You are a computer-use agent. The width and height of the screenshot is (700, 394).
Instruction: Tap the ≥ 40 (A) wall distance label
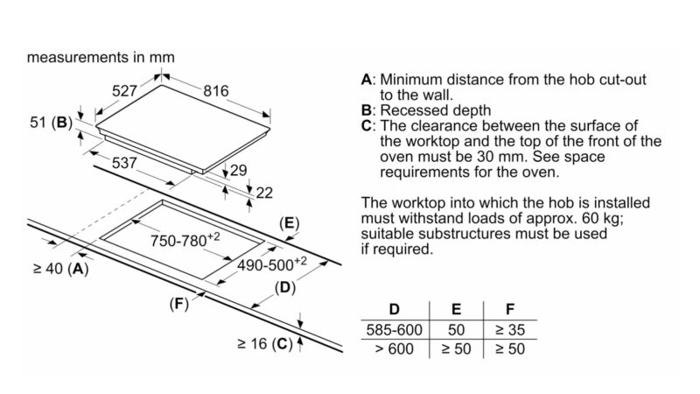point(56,269)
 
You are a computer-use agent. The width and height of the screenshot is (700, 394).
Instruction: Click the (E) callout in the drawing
point(289,223)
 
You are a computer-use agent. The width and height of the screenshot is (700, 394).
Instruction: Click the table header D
point(394,309)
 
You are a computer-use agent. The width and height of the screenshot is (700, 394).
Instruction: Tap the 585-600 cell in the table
point(394,330)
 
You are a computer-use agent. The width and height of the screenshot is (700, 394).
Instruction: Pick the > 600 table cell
point(394,348)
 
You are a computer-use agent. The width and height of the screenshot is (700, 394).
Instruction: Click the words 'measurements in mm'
point(101,57)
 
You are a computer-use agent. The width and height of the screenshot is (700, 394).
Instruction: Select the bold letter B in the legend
point(367,110)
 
